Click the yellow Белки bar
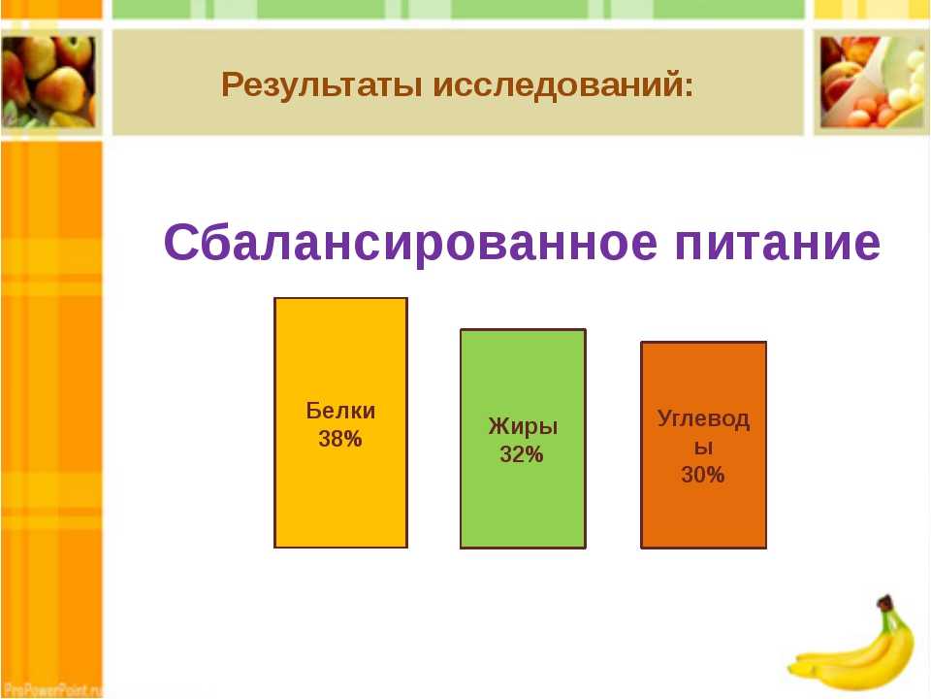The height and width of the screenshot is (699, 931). click(x=340, y=422)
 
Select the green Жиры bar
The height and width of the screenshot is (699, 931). click(x=523, y=439)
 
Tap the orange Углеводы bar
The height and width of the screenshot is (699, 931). click(x=704, y=446)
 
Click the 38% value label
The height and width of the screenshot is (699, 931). click(x=340, y=439)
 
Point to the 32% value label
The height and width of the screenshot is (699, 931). click(x=522, y=454)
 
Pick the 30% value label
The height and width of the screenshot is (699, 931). click(x=703, y=475)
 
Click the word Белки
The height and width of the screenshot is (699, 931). click(x=340, y=411)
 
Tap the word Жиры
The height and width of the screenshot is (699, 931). click(x=523, y=427)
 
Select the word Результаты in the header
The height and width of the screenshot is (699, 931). click(x=322, y=85)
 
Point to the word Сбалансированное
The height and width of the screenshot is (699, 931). click(x=411, y=242)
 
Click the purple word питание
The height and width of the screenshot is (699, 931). click(x=778, y=243)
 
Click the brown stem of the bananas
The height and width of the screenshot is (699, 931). click(x=885, y=603)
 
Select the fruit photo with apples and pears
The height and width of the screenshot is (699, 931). click(x=48, y=82)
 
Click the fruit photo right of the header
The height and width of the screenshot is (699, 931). click(x=873, y=82)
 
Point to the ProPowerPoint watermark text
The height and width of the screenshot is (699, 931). click(x=52, y=690)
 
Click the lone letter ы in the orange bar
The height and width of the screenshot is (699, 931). click(x=704, y=447)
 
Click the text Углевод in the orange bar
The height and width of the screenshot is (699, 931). click(x=704, y=419)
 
